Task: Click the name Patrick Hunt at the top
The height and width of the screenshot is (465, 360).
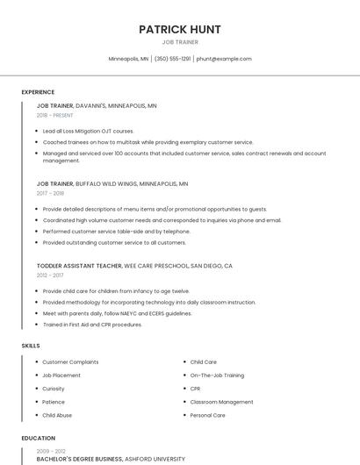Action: click(x=180, y=29)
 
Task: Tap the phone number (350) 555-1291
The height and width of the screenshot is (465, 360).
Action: click(x=172, y=59)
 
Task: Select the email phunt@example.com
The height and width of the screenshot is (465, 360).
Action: click(x=224, y=59)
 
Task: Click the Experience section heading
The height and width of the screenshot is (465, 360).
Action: click(x=38, y=92)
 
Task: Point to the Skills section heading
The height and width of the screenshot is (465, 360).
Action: click(x=31, y=346)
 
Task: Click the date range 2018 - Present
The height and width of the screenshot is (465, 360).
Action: click(x=55, y=115)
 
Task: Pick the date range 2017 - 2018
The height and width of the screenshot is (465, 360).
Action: click(x=50, y=193)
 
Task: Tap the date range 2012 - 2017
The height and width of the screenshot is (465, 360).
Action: click(x=50, y=275)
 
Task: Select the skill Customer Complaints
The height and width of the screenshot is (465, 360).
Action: click(x=70, y=361)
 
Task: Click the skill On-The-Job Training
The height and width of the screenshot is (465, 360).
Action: click(x=217, y=375)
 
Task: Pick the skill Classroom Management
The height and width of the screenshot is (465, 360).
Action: click(x=221, y=401)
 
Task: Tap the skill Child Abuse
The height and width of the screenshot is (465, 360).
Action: click(x=57, y=415)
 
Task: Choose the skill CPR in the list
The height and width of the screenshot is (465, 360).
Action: click(x=195, y=388)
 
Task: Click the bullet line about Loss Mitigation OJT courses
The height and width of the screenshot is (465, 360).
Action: click(x=88, y=131)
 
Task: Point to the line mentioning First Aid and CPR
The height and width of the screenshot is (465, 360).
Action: click(x=92, y=325)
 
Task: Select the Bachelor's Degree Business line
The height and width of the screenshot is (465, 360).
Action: click(x=111, y=459)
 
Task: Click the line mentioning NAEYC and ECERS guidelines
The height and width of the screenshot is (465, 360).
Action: click(x=117, y=313)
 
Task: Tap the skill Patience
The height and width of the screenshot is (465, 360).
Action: click(x=54, y=401)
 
